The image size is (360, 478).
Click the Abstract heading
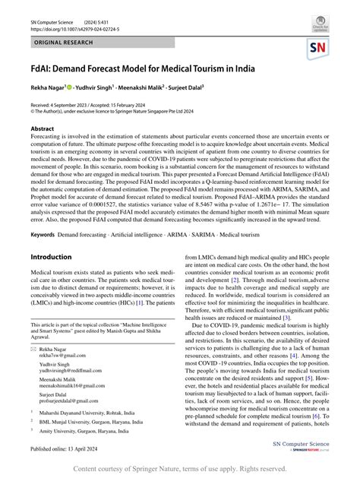point(42,129)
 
